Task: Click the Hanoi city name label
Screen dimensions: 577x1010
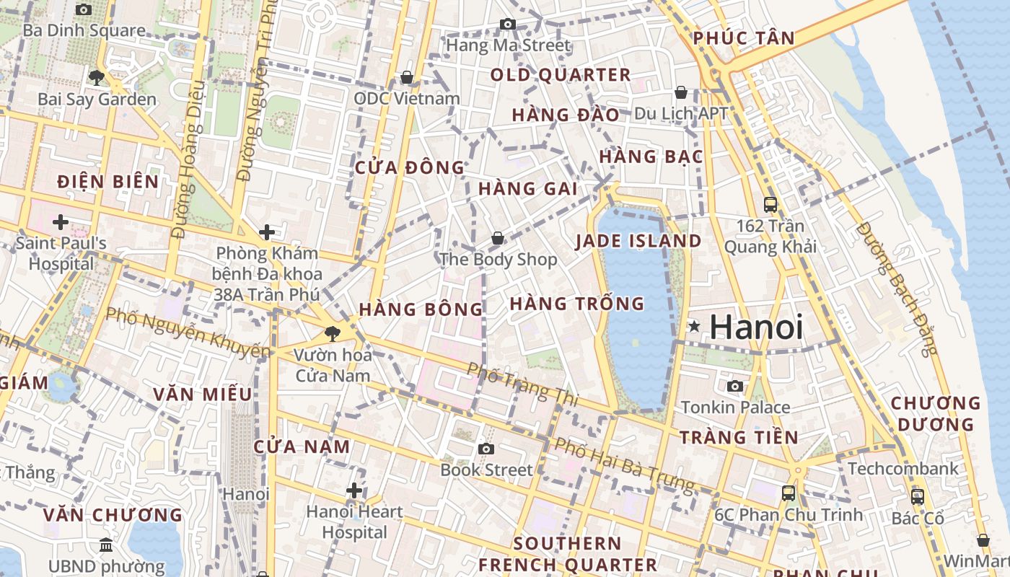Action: click(x=756, y=327)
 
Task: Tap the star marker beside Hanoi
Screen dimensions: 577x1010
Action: click(x=694, y=327)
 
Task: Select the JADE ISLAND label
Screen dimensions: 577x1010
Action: click(x=638, y=241)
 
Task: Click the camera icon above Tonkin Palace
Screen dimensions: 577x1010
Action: click(x=735, y=386)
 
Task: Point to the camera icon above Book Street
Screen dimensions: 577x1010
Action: click(x=486, y=449)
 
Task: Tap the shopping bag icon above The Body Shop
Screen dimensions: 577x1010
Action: click(x=498, y=238)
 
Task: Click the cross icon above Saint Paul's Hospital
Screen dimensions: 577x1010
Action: click(x=61, y=221)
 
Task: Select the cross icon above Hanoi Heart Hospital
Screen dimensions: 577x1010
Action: click(x=354, y=490)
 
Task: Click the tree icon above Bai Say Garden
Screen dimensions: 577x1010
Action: click(x=96, y=77)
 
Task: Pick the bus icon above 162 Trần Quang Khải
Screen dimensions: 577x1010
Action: click(x=770, y=204)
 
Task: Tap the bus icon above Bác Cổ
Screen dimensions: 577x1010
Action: click(x=918, y=496)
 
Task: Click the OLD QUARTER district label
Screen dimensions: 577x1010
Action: click(x=561, y=74)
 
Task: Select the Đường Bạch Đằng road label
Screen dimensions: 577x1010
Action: click(x=897, y=288)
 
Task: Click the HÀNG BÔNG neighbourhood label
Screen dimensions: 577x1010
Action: click(x=421, y=309)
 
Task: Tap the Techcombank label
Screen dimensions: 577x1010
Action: click(x=903, y=469)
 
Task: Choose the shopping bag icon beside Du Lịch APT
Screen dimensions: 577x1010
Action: click(x=680, y=92)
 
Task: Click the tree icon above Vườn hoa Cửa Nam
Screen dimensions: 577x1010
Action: click(x=332, y=332)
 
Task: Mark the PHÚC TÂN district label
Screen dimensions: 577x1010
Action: click(x=744, y=38)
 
